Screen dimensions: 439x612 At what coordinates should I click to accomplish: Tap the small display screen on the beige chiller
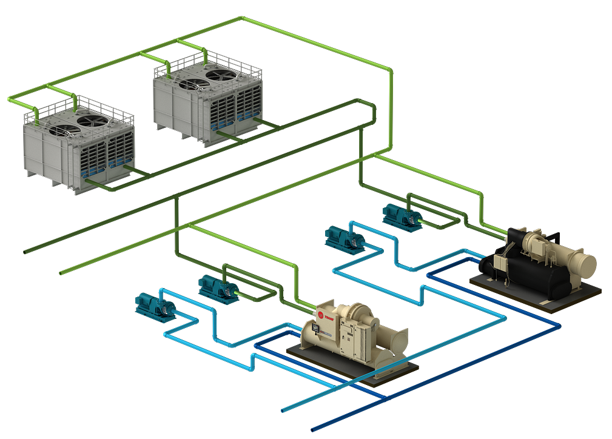pos(315,329)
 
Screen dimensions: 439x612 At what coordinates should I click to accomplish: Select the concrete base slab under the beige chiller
pos(388,371)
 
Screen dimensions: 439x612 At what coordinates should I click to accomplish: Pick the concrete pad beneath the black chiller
pos(546,301)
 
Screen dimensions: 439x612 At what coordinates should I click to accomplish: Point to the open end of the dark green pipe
pos(25,252)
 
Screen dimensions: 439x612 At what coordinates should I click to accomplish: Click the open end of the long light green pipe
pos(62,273)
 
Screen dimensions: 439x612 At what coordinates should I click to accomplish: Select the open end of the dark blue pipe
pos(313,429)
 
